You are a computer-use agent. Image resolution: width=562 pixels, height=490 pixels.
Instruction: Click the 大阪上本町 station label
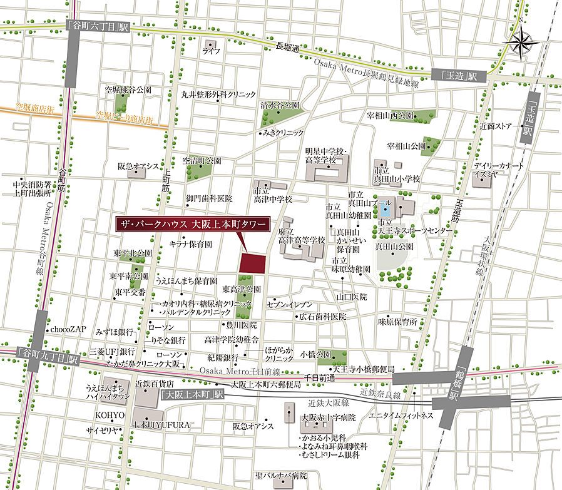192,395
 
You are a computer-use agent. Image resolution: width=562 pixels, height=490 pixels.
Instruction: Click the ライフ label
211,51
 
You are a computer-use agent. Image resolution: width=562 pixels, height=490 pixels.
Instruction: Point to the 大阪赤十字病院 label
329,417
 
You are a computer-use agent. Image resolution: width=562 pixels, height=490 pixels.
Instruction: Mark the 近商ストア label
496,126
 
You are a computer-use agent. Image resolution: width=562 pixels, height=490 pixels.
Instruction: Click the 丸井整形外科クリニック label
218,95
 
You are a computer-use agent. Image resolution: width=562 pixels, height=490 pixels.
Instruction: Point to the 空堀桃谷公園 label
128,90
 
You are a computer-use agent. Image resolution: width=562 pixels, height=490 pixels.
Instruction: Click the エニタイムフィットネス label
401,416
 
